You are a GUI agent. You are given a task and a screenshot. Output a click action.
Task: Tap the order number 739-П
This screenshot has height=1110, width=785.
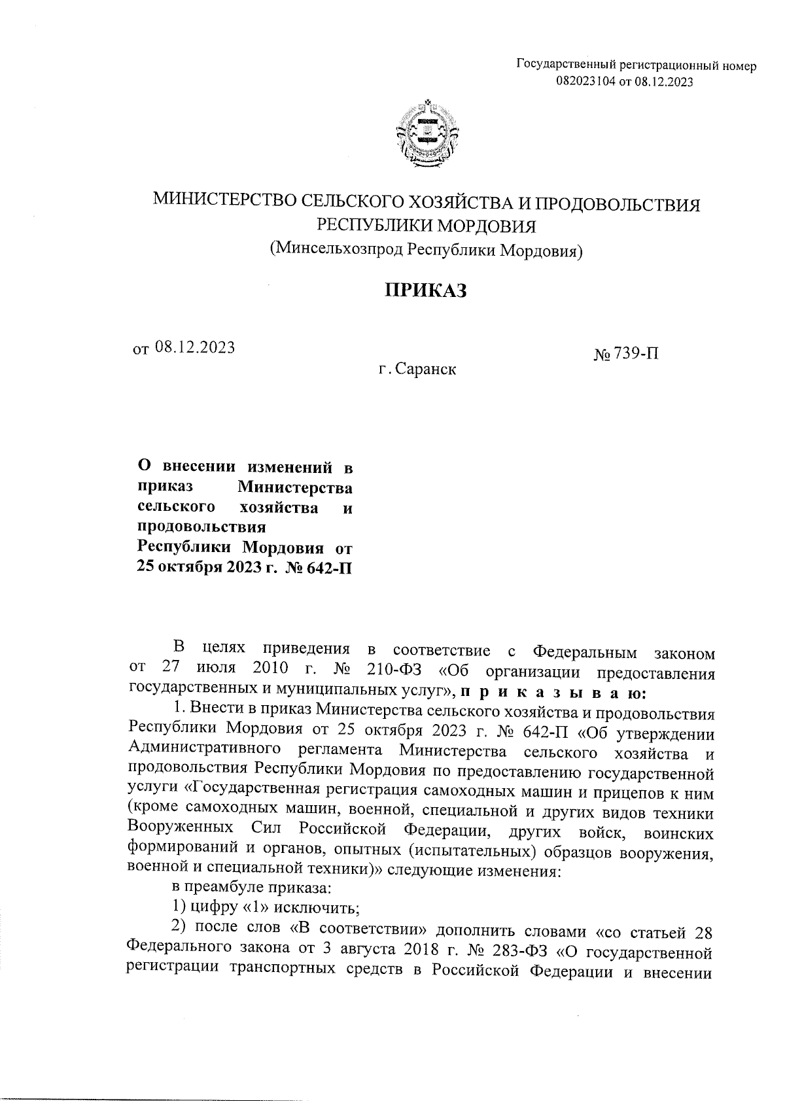tap(635, 354)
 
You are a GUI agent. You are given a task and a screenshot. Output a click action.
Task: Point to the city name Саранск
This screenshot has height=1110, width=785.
tap(425, 370)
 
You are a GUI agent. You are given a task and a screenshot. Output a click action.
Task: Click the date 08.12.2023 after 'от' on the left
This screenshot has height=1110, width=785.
tap(195, 347)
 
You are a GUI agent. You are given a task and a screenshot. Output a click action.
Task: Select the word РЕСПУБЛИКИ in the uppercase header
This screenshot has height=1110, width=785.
tap(371, 226)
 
